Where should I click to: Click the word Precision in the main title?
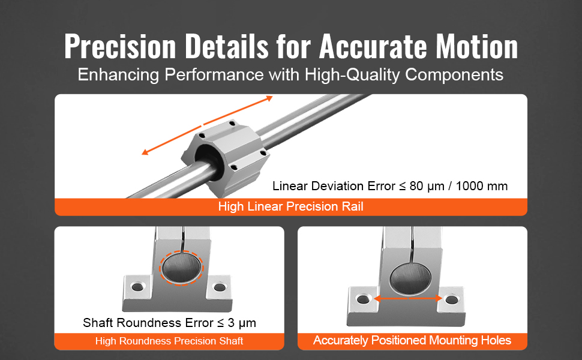[x=120, y=46]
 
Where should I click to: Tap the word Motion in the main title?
[x=476, y=46]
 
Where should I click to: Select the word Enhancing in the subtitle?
[x=118, y=75]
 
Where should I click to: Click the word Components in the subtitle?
[x=454, y=75]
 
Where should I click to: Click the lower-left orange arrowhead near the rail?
[x=145, y=151]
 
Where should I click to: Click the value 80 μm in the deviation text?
[x=427, y=186]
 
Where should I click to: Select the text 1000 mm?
[x=481, y=186]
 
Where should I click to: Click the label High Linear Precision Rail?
[x=290, y=206]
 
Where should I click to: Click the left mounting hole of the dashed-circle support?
[x=137, y=287]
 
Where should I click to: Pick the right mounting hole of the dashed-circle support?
[x=220, y=287]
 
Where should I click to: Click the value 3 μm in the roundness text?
[x=242, y=323]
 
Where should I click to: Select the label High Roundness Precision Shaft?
[x=169, y=341]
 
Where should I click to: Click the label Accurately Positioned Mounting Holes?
[x=412, y=340]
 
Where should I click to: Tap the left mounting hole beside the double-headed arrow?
[x=362, y=299]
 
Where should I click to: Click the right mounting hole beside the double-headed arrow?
[x=451, y=299]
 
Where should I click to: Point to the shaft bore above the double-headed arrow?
[x=410, y=279]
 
